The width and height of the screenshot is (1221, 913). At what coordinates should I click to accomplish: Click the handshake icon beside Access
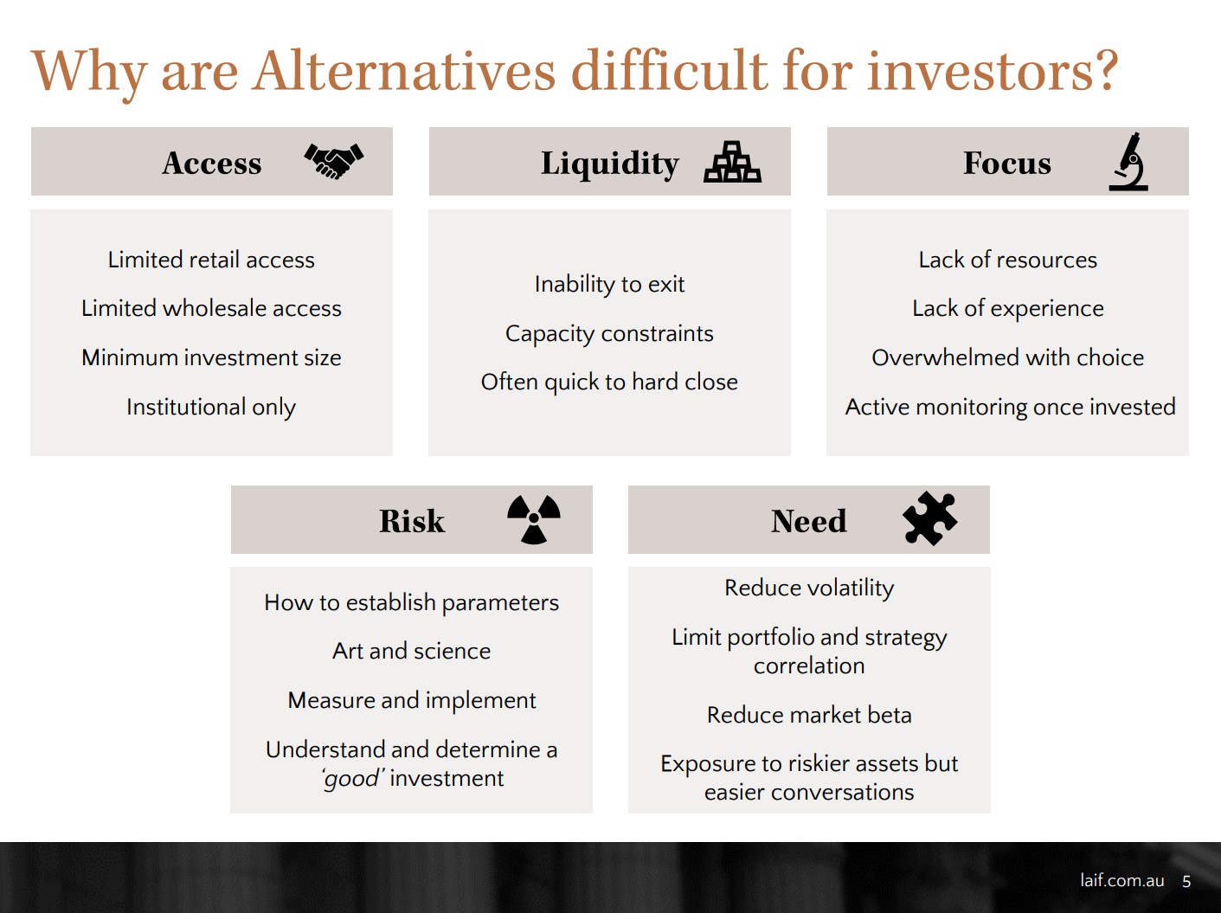tap(334, 161)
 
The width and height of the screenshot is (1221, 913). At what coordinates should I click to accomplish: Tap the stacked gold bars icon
tap(732, 162)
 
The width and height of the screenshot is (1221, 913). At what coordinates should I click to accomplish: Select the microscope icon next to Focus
tap(1128, 162)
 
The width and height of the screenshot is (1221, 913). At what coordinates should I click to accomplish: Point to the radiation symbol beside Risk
tap(534, 519)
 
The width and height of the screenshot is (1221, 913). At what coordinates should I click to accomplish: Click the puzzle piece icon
tap(929, 518)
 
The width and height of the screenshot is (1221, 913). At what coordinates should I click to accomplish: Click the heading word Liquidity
tap(610, 164)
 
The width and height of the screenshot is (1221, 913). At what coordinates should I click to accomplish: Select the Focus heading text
tap(1007, 163)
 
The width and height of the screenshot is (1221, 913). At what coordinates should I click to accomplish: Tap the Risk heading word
tap(412, 521)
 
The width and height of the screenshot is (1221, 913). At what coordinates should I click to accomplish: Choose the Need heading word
tap(809, 521)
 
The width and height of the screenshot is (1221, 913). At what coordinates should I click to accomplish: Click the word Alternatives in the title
tap(404, 71)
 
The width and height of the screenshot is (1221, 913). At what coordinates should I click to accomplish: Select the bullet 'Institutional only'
tap(211, 407)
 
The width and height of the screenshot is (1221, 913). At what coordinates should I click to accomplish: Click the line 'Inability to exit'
tap(610, 284)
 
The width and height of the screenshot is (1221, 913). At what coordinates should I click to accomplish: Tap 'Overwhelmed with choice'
tap(1007, 357)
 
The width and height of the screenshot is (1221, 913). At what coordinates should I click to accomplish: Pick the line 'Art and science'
tap(412, 651)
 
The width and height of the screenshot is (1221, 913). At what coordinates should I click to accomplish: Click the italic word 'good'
tap(351, 779)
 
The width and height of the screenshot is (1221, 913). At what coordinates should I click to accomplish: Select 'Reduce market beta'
tap(809, 715)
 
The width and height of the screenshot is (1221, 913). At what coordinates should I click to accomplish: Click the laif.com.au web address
tap(1122, 881)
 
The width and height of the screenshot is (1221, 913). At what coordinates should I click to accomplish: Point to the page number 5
tap(1186, 881)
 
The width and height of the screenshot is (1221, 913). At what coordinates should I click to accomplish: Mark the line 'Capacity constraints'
tap(610, 334)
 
